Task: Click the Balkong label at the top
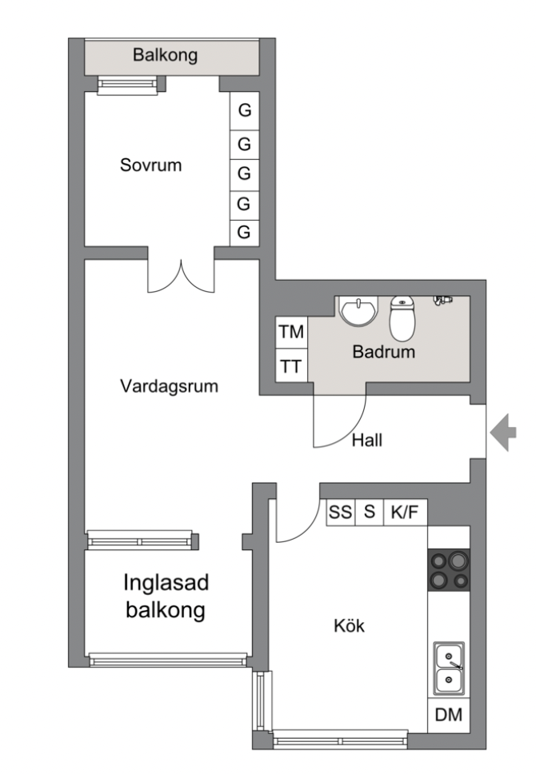(165, 56)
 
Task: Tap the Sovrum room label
(150, 166)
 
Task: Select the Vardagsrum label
(170, 386)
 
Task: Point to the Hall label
(366, 439)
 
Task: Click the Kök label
(349, 626)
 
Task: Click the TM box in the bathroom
(290, 333)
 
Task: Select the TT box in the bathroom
(290, 368)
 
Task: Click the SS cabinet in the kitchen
(340, 513)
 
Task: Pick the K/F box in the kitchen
(404, 513)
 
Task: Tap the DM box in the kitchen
(448, 716)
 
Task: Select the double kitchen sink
(448, 668)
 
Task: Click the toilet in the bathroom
(402, 317)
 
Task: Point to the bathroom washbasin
(358, 309)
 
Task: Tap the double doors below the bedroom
(182, 275)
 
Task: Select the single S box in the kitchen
(370, 513)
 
